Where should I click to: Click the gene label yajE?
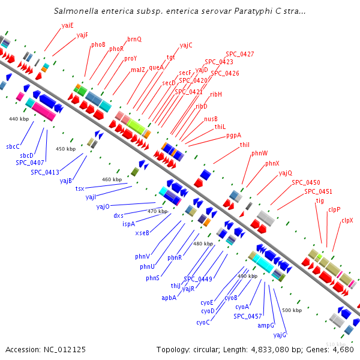(x=68, y=25)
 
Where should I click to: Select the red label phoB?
(x=98, y=44)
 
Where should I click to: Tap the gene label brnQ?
(x=134, y=39)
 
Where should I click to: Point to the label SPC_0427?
(x=240, y=54)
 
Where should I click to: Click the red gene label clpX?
(x=347, y=220)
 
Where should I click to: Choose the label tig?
(x=320, y=200)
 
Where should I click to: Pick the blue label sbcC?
(x=13, y=146)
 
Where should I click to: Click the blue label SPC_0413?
(x=45, y=172)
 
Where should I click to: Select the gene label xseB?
(x=142, y=233)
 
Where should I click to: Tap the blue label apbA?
(x=169, y=298)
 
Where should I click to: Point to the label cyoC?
(x=203, y=322)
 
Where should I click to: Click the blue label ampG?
(x=266, y=325)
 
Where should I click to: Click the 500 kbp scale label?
(x=292, y=310)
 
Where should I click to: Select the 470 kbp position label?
(x=157, y=211)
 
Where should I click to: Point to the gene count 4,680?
(x=341, y=349)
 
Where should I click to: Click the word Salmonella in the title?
(x=74, y=11)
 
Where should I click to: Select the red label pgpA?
(x=234, y=135)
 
